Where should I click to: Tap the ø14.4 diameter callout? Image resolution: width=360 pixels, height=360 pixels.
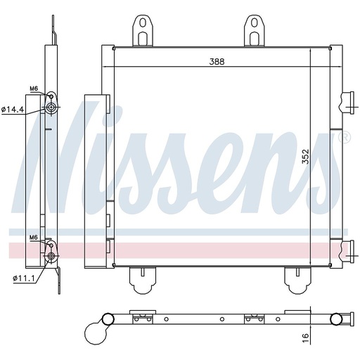click(x=13, y=109)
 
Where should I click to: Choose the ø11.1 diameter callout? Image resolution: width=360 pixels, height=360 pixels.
click(x=13, y=278)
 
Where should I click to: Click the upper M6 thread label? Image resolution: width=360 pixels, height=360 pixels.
click(x=33, y=89)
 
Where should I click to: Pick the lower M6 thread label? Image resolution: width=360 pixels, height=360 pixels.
click(x=33, y=238)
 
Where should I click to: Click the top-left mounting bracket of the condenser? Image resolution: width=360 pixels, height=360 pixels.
click(x=143, y=30)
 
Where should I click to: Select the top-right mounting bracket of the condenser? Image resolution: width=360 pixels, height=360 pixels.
click(x=252, y=30)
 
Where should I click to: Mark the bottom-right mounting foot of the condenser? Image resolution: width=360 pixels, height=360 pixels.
click(x=296, y=281)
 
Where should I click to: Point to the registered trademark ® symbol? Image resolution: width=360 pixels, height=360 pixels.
click(x=344, y=139)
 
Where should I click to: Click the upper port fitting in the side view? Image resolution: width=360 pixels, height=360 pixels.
click(x=51, y=108)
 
